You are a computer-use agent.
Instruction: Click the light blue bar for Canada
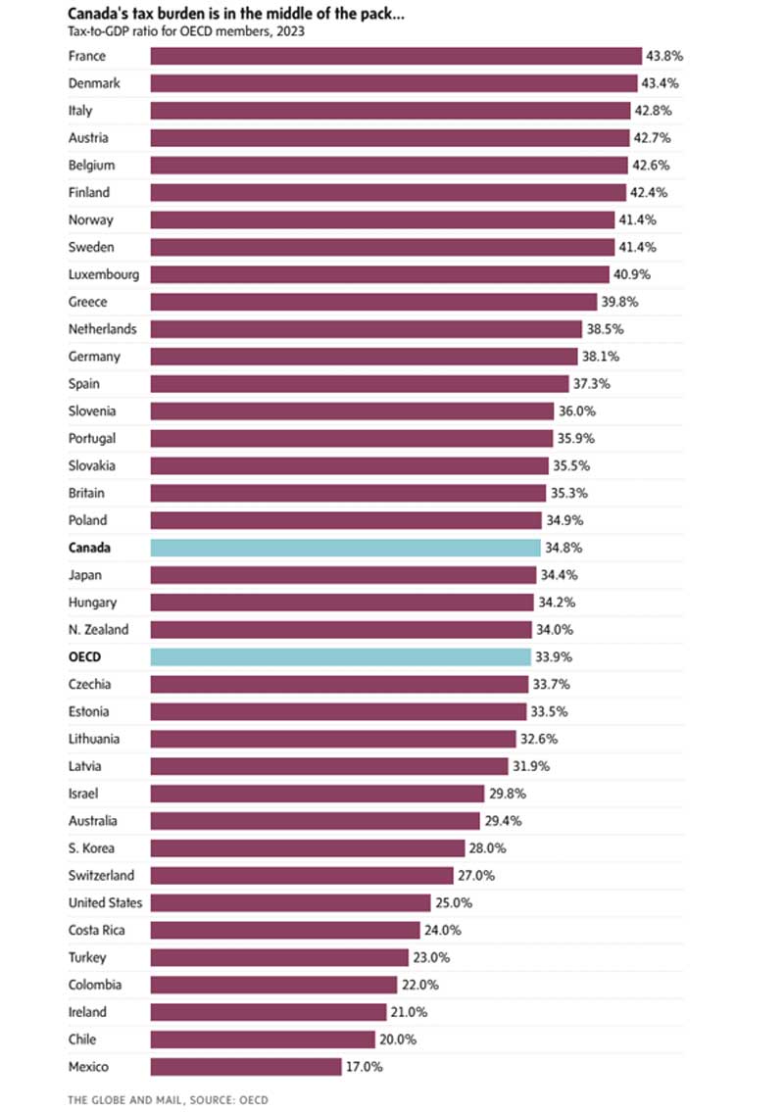345,548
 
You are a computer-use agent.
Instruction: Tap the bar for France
395,56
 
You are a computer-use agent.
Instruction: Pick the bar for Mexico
245,1066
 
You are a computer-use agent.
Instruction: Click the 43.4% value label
661,83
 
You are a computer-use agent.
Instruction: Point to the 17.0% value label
364,1066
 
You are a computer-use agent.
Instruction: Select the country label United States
105,902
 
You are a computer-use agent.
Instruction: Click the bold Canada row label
90,548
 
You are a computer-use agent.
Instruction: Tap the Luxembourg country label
103,274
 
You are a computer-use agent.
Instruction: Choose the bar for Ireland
268,1011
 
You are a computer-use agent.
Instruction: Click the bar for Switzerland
302,875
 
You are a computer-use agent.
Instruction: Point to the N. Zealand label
98,629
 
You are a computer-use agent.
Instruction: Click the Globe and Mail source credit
168,1100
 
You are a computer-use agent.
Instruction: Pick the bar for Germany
364,357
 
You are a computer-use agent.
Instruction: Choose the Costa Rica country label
95,930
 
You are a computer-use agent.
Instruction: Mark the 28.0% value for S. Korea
485,847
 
